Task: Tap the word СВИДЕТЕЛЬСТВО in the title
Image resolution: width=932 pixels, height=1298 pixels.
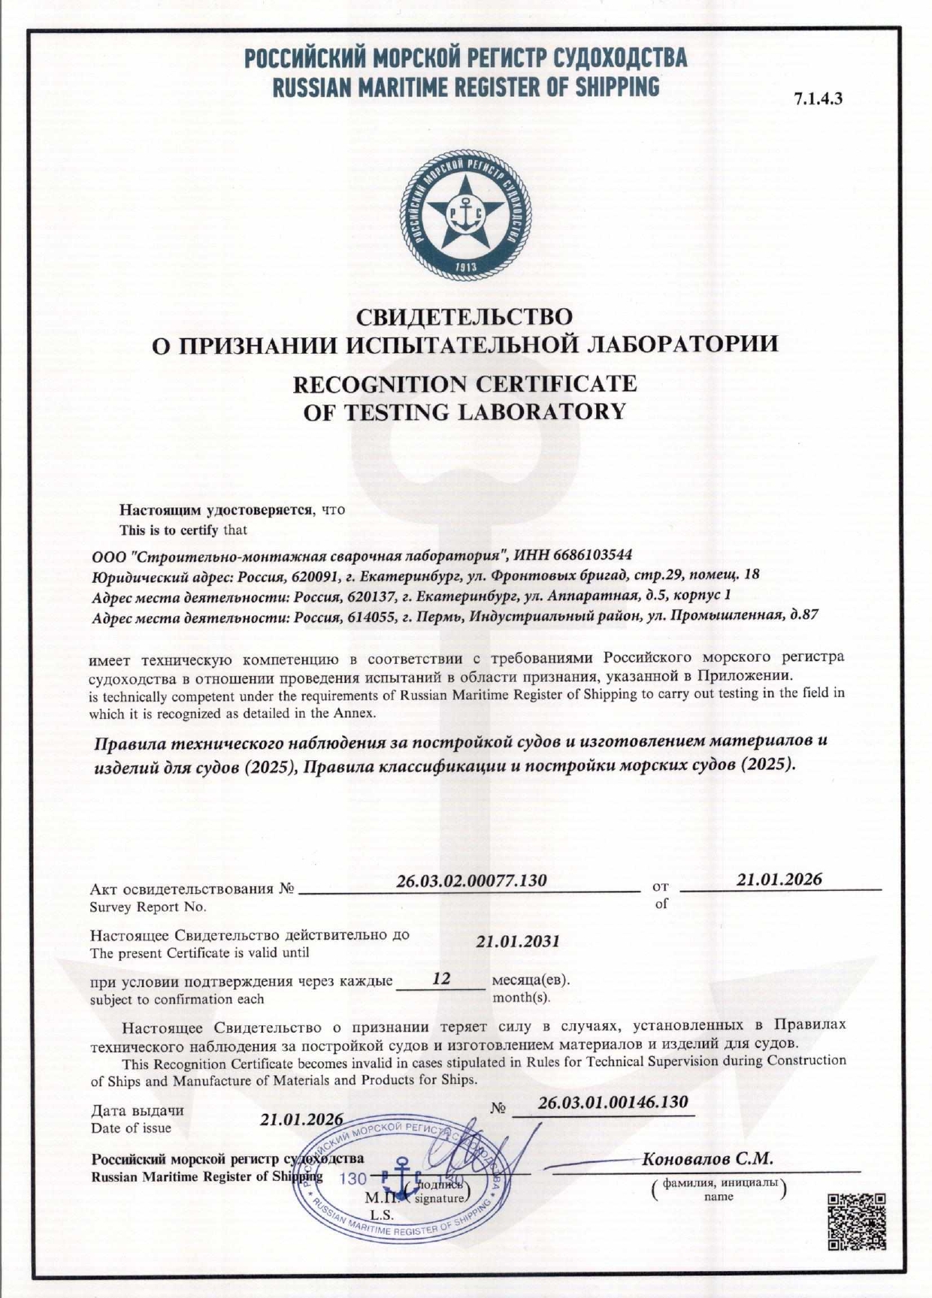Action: pos(464,317)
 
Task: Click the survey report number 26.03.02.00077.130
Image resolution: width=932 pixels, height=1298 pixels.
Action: pos(471,880)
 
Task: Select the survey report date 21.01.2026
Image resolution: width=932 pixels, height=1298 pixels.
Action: pos(779,880)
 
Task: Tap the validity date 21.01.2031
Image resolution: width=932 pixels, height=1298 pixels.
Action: pos(518,942)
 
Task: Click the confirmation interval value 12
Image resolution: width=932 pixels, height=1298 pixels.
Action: pos(441,980)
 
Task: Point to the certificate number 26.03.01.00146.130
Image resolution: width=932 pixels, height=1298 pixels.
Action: pos(613,1102)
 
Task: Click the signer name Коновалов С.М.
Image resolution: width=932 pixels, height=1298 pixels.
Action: pos(707,1158)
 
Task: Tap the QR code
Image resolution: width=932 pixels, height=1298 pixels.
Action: pos(857,1221)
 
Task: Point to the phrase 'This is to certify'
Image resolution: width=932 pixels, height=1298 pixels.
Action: pos(169,530)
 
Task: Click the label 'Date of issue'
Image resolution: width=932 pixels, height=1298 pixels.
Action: pos(131,1128)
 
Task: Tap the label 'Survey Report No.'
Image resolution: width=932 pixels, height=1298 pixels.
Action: pos(147,907)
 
